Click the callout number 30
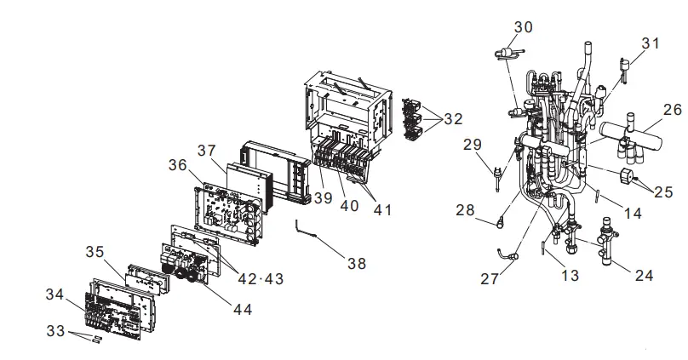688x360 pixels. [x=524, y=27]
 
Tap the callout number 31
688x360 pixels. [x=651, y=43]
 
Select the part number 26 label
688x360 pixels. [x=673, y=109]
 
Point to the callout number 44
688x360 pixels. [x=243, y=310]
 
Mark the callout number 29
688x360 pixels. [x=473, y=146]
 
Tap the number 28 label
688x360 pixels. [x=464, y=210]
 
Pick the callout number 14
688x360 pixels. [x=633, y=214]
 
